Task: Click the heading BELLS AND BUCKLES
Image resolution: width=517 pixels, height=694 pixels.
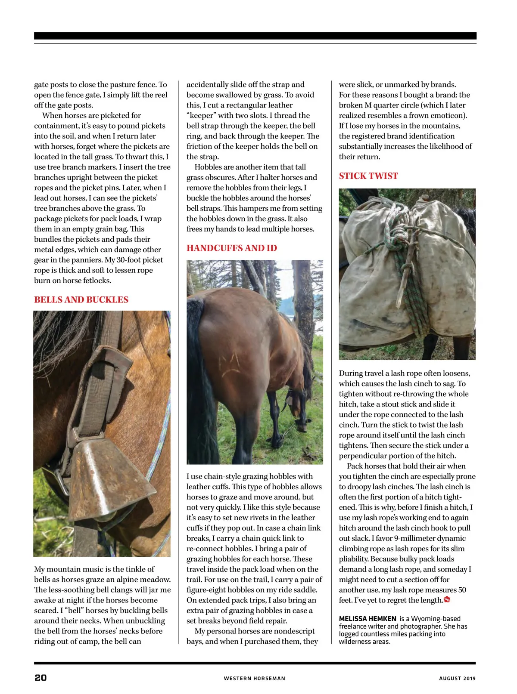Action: [81, 300]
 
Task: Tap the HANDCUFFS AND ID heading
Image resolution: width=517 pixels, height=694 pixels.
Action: [231, 248]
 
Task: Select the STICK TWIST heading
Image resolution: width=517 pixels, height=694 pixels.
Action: [368, 176]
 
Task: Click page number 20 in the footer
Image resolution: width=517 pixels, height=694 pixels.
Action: [40, 678]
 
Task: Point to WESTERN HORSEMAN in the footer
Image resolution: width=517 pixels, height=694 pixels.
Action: [254, 679]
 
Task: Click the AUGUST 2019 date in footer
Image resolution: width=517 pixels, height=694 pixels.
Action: [457, 679]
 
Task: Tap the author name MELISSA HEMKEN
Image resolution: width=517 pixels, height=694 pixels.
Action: [367, 619]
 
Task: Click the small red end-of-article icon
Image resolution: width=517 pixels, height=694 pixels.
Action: [447, 600]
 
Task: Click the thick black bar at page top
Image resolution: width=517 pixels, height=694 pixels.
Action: [255, 36]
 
